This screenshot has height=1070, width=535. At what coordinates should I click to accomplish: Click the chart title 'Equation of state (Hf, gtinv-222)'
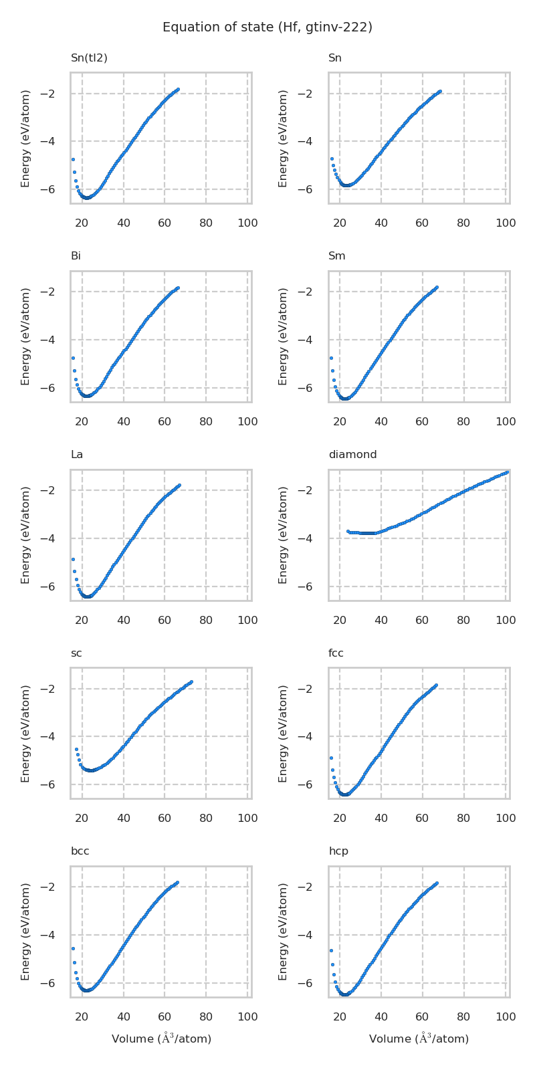tap(267, 27)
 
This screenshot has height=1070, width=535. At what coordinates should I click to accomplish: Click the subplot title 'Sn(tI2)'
tap(89, 58)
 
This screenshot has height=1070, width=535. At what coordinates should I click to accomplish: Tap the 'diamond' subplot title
tap(352, 455)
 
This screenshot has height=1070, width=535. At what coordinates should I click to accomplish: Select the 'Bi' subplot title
tap(76, 256)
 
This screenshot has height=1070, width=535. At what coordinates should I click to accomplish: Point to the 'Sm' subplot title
tap(337, 256)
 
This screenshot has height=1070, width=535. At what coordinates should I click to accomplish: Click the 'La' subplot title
tap(77, 455)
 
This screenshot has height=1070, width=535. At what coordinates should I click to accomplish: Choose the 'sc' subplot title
tap(76, 653)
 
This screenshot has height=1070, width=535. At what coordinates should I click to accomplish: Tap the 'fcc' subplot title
tap(336, 653)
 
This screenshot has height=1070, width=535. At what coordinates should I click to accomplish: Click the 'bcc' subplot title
tap(80, 851)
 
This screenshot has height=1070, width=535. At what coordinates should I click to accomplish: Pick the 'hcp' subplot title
tap(338, 851)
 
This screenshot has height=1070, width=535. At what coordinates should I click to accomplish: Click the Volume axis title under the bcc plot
tap(161, 1039)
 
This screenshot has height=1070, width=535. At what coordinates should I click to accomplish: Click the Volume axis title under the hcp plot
tap(419, 1039)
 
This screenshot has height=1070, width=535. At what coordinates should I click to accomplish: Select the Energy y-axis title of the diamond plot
tap(284, 535)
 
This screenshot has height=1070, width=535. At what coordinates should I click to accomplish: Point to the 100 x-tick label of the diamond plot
tap(506, 621)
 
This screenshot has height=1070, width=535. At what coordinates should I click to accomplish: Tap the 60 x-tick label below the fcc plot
tap(422, 819)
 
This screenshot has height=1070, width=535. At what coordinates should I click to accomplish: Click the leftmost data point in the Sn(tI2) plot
tap(73, 159)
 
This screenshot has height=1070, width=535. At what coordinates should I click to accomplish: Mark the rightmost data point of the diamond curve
tap(507, 472)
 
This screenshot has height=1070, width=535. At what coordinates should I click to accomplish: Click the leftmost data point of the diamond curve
tap(348, 532)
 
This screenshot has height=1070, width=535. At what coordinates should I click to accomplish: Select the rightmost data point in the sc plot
tap(191, 682)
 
